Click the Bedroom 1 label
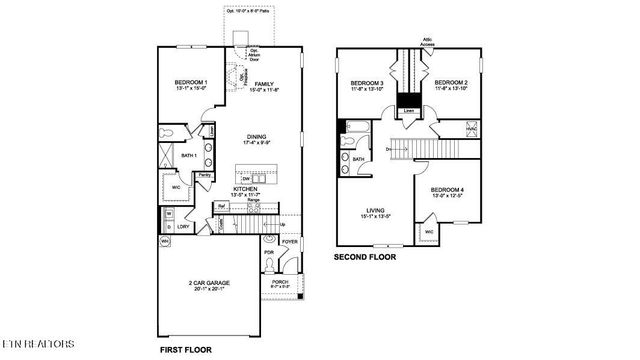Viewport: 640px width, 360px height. (x=192, y=82)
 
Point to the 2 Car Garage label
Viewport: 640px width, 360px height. (x=210, y=284)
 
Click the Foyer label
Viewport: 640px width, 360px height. (x=289, y=242)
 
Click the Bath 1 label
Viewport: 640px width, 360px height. (x=188, y=155)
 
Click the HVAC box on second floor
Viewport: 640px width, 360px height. (x=472, y=128)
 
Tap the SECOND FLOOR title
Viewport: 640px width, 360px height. (x=364, y=257)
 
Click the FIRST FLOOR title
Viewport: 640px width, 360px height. (x=186, y=351)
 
